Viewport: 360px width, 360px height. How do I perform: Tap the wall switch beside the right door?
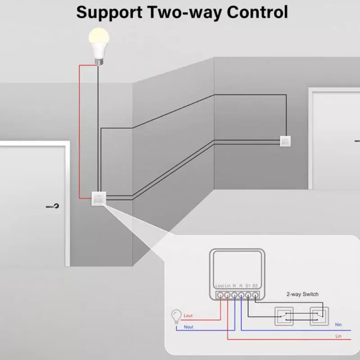pyautogui.click(x=286, y=141)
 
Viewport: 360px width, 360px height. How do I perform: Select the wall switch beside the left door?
pyautogui.click(x=99, y=198)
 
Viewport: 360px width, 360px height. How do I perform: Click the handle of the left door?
pyautogui.click(x=54, y=207)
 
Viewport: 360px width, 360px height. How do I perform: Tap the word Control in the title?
pyautogui.click(x=257, y=12)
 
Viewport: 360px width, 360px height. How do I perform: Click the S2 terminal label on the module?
pyautogui.click(x=255, y=286)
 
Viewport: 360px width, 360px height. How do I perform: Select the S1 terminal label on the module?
pyautogui.click(x=248, y=286)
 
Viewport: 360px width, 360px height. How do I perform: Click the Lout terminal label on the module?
pyautogui.click(x=220, y=286)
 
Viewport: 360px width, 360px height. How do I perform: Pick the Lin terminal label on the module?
pyautogui.click(x=228, y=286)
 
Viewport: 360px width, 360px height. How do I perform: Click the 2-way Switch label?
pyautogui.click(x=302, y=294)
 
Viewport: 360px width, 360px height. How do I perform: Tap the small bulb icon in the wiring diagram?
pyautogui.click(x=176, y=316)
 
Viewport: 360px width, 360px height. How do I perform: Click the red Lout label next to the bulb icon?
pyautogui.click(x=188, y=316)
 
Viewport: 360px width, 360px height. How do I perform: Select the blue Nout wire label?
pyautogui.click(x=189, y=327)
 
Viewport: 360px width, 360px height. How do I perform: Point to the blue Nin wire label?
pyautogui.click(x=338, y=324)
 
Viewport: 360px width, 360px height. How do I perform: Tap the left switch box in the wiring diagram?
pyautogui.click(x=284, y=315)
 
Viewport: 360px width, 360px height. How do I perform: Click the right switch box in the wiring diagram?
pyautogui.click(x=319, y=315)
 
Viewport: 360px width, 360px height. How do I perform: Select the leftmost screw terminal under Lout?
pyautogui.click(x=220, y=295)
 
